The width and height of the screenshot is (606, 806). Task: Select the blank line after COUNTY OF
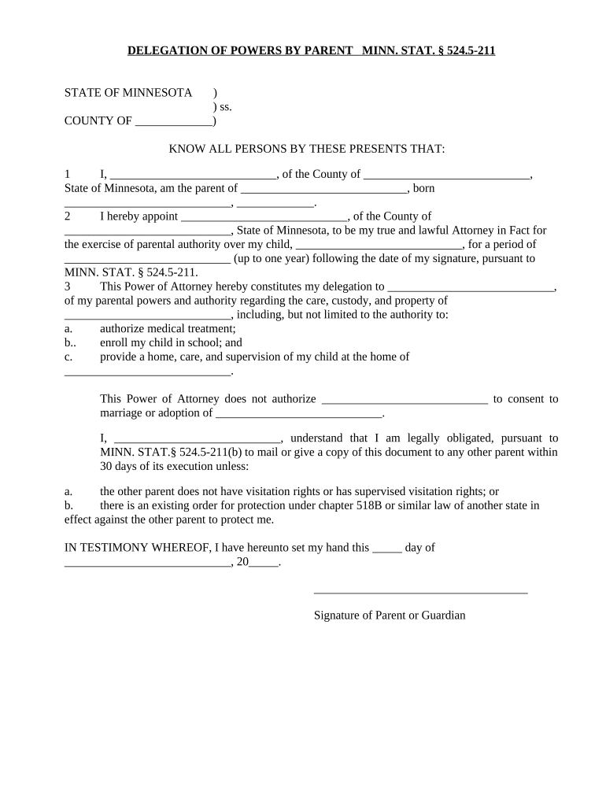click(174, 122)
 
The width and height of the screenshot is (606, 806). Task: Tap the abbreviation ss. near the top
click(225, 107)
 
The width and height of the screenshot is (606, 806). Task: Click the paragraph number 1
click(68, 175)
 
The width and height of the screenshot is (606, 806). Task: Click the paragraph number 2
click(68, 216)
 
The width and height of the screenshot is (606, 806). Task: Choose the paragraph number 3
click(68, 287)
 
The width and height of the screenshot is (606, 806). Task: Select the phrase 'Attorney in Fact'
click(483, 231)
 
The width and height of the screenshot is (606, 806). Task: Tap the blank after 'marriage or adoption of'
click(298, 414)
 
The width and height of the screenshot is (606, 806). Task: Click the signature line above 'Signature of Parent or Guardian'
click(420, 593)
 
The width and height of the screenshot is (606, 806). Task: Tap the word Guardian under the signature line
click(444, 616)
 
